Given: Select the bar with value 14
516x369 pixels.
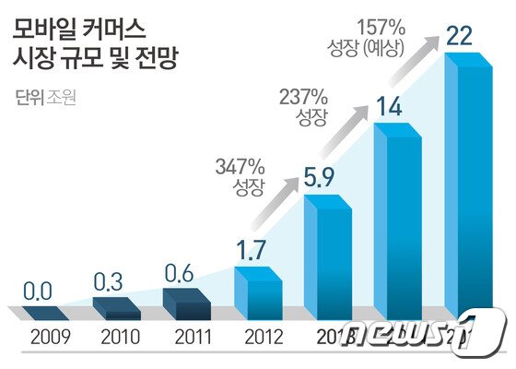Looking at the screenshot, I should click(398, 221).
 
